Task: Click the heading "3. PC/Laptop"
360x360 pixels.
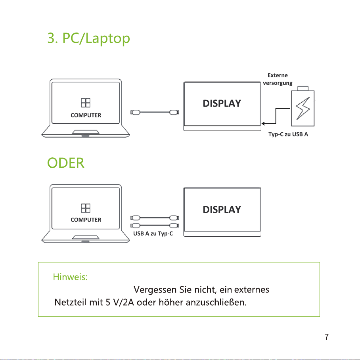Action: click(x=89, y=38)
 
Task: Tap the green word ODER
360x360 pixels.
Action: click(x=66, y=163)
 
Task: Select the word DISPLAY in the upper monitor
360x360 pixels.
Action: click(x=222, y=103)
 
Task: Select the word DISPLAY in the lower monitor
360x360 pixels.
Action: click(x=222, y=209)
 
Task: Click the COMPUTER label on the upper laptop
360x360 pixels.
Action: click(x=86, y=115)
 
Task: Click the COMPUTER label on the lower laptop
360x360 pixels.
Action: click(x=86, y=220)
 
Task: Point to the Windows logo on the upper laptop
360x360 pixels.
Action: click(x=86, y=103)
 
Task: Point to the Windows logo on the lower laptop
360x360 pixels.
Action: click(x=86, y=208)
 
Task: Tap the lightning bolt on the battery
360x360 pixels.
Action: click(x=303, y=108)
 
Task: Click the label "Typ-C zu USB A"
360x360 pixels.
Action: click(x=288, y=134)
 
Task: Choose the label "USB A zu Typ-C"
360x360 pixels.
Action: click(x=153, y=234)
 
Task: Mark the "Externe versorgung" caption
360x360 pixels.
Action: click(x=278, y=79)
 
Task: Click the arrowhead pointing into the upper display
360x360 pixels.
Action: click(x=263, y=124)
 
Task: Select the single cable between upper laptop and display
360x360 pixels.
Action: click(x=155, y=112)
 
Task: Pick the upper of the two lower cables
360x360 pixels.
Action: click(x=155, y=218)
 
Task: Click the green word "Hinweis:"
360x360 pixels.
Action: click(x=70, y=277)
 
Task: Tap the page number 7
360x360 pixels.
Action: click(x=326, y=337)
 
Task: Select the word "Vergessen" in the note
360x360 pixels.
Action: click(x=155, y=290)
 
